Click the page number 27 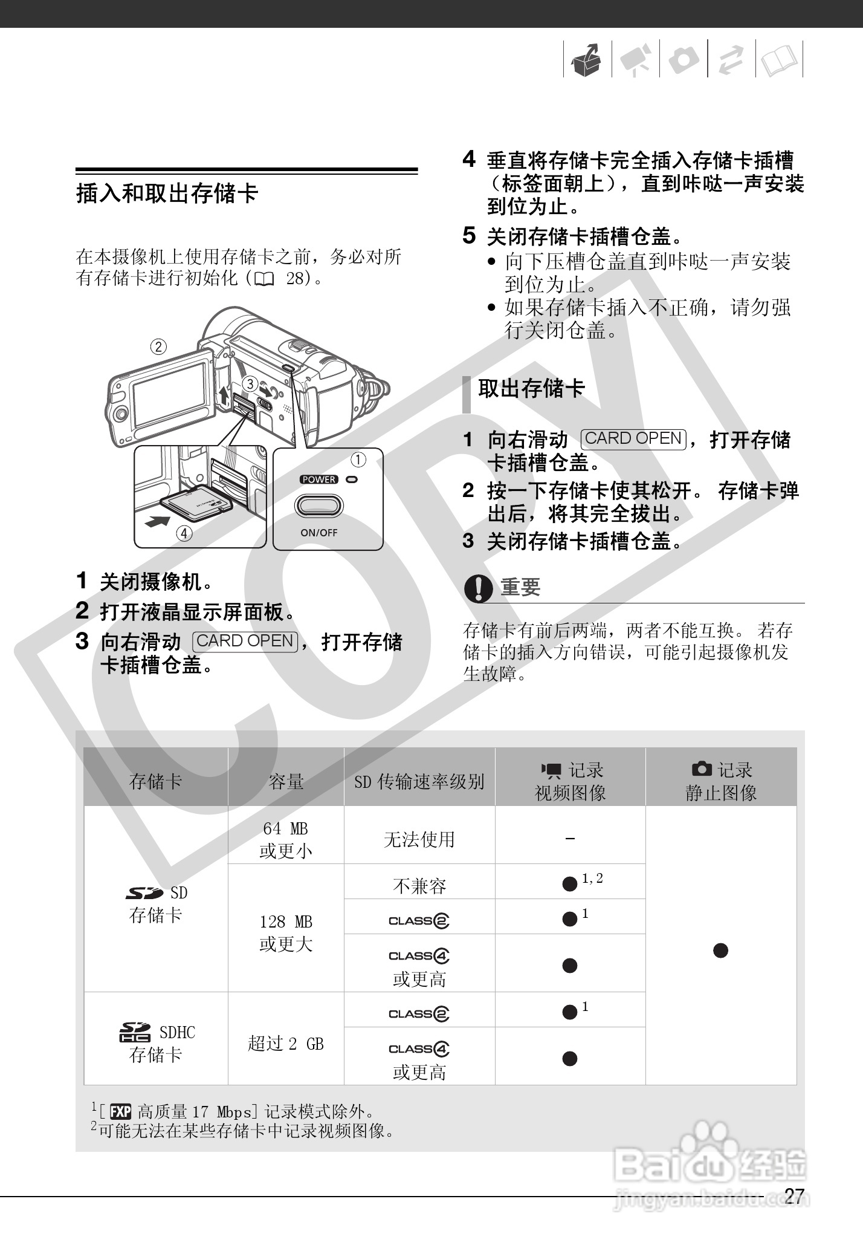point(794,1195)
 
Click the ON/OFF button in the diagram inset point(318,505)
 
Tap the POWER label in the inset point(319,479)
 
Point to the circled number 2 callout point(158,347)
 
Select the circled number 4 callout point(184,534)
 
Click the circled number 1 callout point(358,460)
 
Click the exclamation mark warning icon point(478,588)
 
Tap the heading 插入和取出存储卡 point(167,194)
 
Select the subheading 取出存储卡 point(531,389)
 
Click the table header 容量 point(286,782)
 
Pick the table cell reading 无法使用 point(419,839)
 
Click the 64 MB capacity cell point(286,839)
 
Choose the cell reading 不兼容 point(419,886)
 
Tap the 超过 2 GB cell point(286,1044)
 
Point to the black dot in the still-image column point(720,951)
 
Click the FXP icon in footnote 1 point(121,1111)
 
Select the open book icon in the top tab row point(779,60)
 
